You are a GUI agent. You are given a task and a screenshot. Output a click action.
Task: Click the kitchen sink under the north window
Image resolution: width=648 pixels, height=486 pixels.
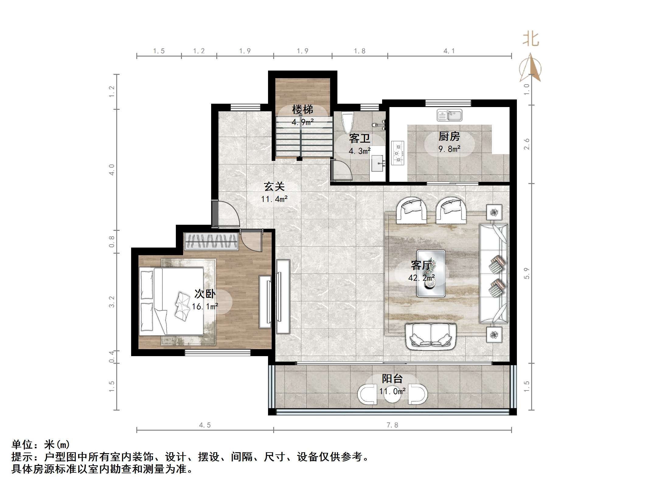(449, 115)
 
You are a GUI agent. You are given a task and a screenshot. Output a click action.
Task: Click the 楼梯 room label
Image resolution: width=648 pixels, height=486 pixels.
(302, 109)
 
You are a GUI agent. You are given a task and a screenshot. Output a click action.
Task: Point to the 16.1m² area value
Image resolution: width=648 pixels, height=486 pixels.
(205, 306)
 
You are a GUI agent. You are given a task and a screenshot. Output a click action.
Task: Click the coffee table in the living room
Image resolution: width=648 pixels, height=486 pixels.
(431, 273)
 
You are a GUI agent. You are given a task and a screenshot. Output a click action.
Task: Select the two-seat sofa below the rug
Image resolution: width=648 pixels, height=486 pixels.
(430, 336)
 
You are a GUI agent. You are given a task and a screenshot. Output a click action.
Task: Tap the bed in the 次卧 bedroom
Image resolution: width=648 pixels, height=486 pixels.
(172, 301)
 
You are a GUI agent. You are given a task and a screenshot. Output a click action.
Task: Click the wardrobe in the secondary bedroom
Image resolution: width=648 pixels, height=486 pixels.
(211, 241)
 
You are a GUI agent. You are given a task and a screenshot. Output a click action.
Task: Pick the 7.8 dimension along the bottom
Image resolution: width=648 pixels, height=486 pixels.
(392, 425)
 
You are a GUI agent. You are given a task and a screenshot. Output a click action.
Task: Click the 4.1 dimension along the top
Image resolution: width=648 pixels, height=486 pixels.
(449, 51)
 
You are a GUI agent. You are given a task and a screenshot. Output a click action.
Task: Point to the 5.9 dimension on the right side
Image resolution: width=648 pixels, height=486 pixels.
(527, 273)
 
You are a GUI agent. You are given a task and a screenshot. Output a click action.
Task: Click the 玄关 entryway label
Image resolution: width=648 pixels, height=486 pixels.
(274, 186)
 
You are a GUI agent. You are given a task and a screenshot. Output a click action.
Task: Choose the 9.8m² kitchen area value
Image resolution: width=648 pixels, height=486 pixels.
(449, 149)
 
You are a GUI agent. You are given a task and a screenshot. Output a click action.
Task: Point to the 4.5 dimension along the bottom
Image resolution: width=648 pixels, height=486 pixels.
(205, 425)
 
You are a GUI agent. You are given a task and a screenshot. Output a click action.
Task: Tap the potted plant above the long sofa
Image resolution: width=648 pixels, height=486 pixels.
(494, 212)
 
